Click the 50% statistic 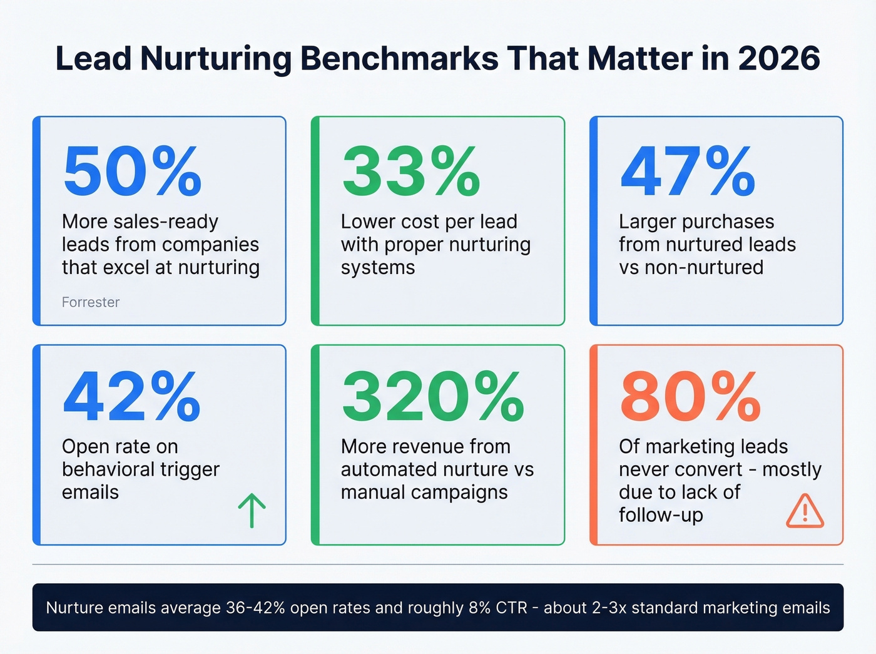click(x=132, y=171)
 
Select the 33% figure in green click(x=411, y=171)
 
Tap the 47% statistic click(x=688, y=171)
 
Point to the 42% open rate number click(x=132, y=397)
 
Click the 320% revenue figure click(x=433, y=397)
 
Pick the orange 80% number click(x=690, y=397)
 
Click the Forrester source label click(x=91, y=302)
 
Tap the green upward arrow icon click(x=252, y=510)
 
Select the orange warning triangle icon click(x=805, y=511)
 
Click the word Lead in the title click(x=93, y=58)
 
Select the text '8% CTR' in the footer click(x=497, y=608)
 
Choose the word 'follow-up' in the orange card click(x=661, y=515)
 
